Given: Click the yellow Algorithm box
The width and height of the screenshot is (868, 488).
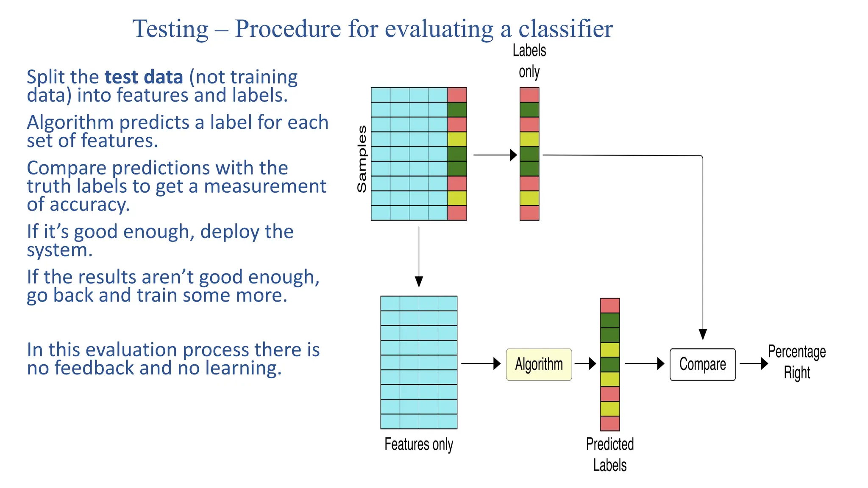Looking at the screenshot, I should tap(539, 364).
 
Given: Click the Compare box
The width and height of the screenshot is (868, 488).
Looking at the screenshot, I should tap(702, 364).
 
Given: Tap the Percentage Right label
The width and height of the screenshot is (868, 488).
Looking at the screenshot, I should tap(797, 362).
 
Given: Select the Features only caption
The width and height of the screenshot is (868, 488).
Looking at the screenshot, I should tap(419, 444).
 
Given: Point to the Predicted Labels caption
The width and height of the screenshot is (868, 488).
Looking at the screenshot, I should tap(609, 455).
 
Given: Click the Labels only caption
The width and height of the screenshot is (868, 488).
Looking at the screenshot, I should tap(529, 61).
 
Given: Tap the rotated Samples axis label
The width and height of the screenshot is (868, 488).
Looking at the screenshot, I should tap(362, 159).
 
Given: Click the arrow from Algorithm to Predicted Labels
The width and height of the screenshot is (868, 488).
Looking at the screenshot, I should tap(586, 363).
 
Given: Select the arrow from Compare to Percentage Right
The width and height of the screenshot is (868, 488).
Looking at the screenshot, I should tap(754, 363).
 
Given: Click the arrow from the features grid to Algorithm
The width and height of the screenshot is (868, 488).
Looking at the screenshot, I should tap(481, 363).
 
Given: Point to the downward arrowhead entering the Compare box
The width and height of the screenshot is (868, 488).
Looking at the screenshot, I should tap(703, 334).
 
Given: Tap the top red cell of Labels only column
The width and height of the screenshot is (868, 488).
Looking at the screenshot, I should tap(529, 95).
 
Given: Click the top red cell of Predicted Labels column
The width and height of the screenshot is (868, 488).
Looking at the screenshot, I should tap(610, 305).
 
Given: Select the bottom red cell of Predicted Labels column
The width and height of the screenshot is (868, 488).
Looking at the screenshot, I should tap(610, 423).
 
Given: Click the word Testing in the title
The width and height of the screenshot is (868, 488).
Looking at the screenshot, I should tap(170, 29).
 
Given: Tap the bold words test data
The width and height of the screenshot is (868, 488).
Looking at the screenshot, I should tap(144, 77).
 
